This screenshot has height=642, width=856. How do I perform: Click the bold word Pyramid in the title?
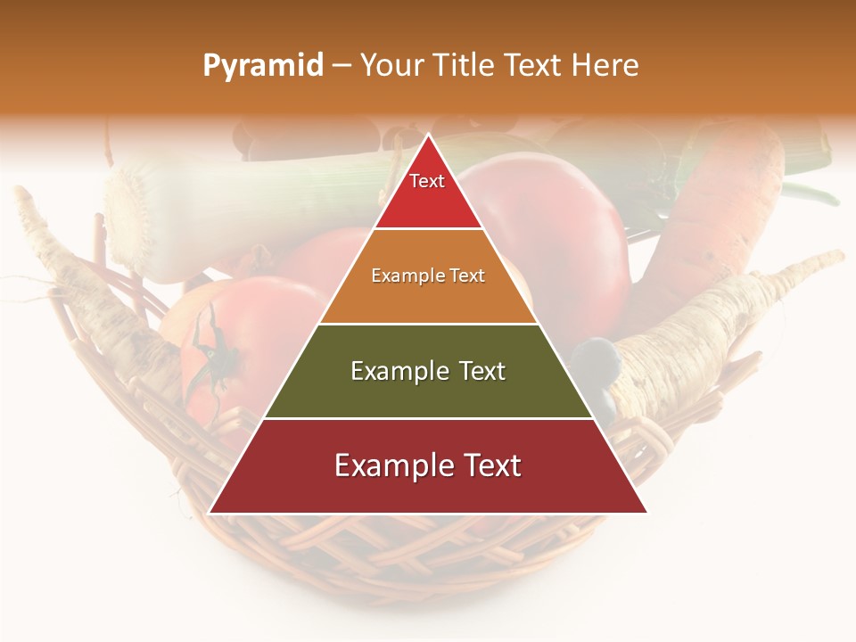pyautogui.click(x=263, y=66)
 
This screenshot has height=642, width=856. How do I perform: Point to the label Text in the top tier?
pyautogui.click(x=427, y=181)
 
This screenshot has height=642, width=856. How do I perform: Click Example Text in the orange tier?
pyautogui.click(x=428, y=276)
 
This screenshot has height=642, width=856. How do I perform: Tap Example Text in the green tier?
pyautogui.click(x=428, y=371)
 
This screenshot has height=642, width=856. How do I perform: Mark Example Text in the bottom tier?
pyautogui.click(x=428, y=465)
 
